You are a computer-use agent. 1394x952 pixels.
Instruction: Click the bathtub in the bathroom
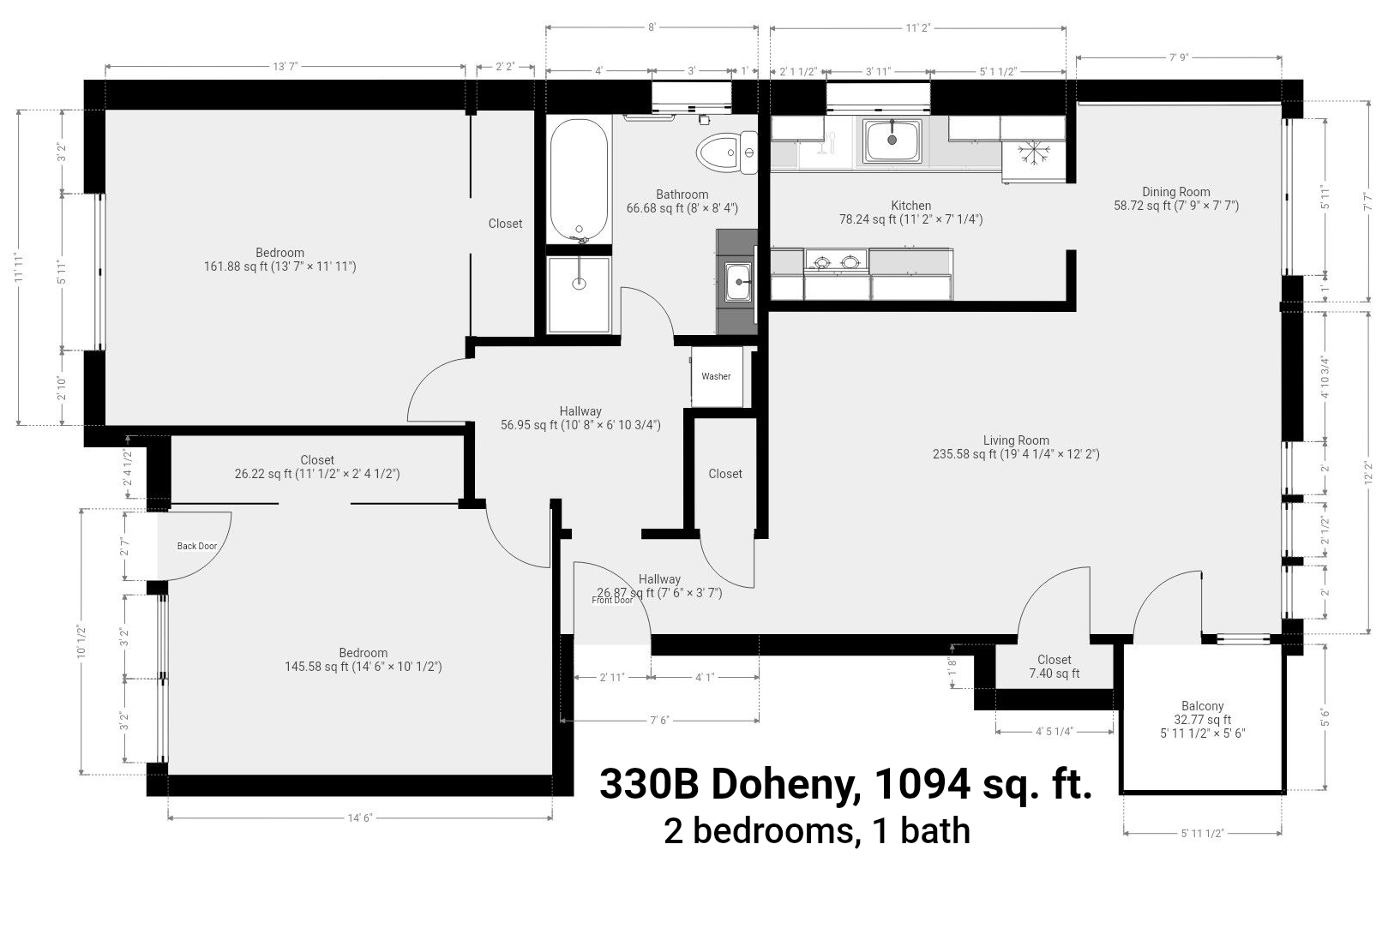point(579,180)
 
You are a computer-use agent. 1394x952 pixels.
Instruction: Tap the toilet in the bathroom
point(726,153)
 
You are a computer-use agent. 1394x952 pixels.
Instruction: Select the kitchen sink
point(892,141)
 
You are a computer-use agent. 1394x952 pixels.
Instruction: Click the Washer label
point(716,376)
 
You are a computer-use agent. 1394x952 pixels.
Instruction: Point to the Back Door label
point(196,546)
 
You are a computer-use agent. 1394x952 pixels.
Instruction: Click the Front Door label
point(612,600)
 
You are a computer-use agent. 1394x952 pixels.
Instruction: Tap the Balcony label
point(1202,706)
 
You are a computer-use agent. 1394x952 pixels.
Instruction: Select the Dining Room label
point(1175,192)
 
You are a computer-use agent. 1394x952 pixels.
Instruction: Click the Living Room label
point(1016,440)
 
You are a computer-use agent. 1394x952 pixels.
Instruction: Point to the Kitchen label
point(910,205)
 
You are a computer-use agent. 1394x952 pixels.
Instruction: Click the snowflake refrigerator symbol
point(1033,153)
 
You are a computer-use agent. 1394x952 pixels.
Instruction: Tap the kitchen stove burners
point(836,260)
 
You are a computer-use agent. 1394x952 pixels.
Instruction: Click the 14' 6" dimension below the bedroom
point(360,817)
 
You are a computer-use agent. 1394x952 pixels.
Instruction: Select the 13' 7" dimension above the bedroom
point(285,67)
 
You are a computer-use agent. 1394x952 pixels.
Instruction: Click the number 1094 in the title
point(922,784)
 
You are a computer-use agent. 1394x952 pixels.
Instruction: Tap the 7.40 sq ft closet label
point(1055,674)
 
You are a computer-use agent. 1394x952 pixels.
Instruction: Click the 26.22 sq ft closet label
point(316,474)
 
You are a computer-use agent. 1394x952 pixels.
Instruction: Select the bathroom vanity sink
point(739,282)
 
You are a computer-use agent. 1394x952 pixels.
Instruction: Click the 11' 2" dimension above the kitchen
point(917,28)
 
